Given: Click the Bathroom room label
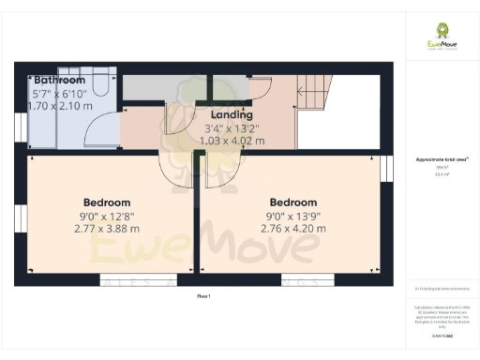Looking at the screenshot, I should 55,81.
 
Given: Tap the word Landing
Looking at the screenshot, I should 230,114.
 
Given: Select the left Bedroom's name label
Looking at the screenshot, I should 107,202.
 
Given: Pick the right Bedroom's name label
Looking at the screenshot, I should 293,202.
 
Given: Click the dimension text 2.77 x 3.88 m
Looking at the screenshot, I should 107,228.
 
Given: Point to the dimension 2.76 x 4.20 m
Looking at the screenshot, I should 293,228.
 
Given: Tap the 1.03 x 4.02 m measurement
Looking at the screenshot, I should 232,141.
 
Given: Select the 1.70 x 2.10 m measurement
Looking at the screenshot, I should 63,107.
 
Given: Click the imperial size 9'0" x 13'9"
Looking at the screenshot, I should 293,216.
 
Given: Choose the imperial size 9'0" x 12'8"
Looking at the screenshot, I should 107,216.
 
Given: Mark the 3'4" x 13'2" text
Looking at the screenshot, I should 232,128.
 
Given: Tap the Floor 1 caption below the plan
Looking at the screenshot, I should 204,296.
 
